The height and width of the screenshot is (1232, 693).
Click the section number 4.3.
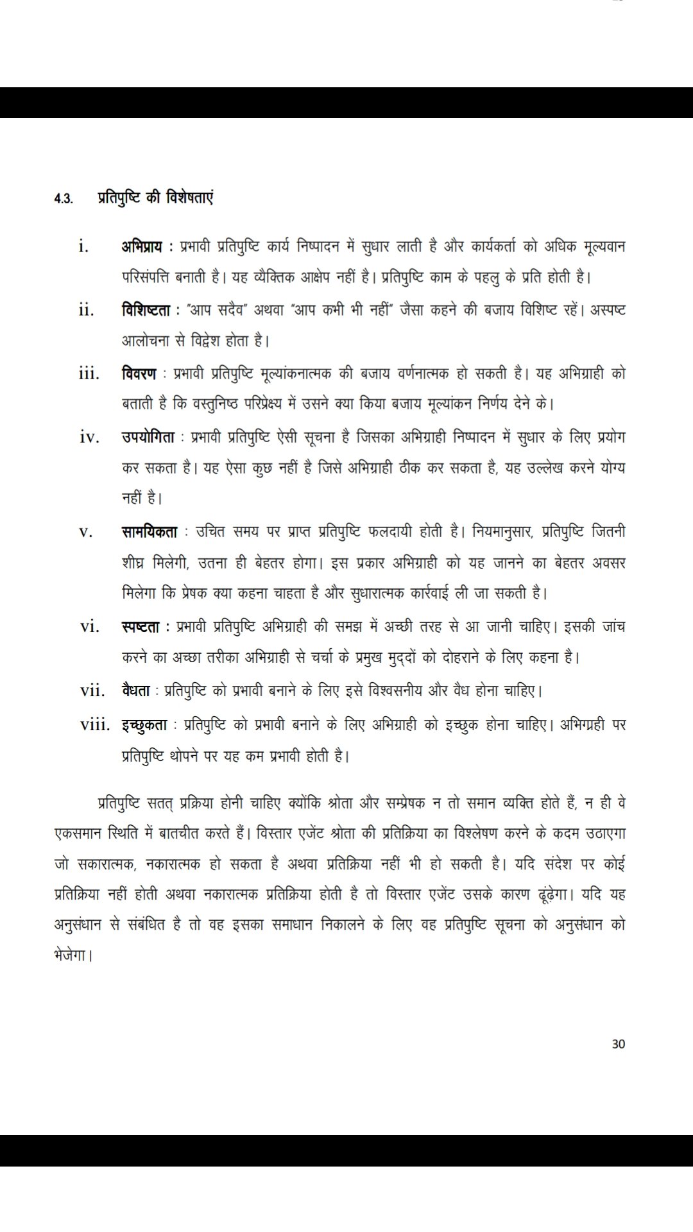[63, 198]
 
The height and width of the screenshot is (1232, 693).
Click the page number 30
[618, 1043]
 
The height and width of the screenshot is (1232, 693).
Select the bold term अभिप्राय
[141, 246]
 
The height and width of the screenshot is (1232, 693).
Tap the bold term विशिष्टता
[145, 310]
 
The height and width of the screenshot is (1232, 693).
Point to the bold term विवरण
[139, 373]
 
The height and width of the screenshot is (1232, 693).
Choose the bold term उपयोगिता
[148, 437]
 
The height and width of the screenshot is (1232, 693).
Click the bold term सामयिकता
[149, 531]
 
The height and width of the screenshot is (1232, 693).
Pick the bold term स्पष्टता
[140, 626]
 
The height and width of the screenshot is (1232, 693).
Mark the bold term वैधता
[135, 691]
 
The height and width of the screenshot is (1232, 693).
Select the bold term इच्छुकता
[144, 725]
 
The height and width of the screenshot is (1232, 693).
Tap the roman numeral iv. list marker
[90, 438]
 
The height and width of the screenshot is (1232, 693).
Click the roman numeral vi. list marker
[90, 627]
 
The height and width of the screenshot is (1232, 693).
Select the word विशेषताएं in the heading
[187, 197]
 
